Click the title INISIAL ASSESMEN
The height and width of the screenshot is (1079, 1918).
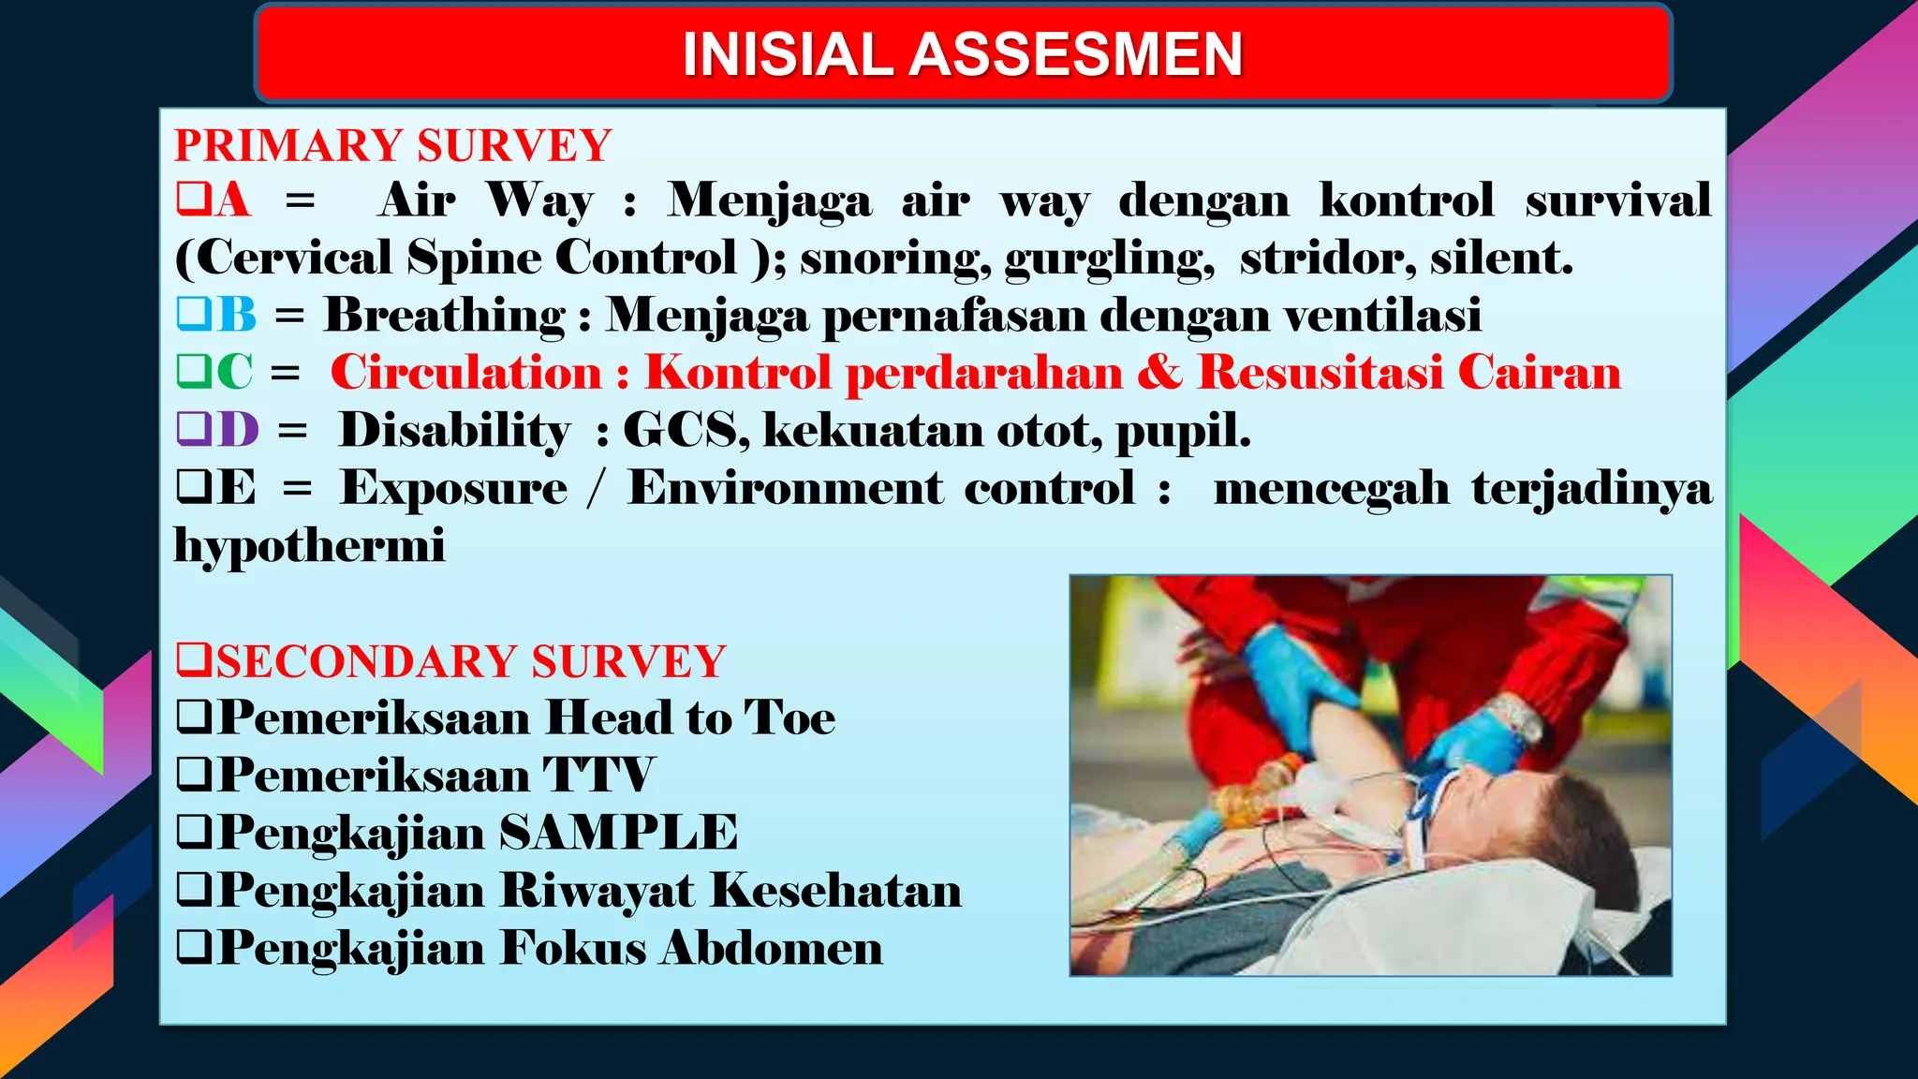pos(962,54)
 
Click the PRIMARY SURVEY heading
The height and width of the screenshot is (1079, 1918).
pos(393,146)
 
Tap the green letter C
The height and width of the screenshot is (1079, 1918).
pos(234,372)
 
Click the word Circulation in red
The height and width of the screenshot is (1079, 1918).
pos(465,372)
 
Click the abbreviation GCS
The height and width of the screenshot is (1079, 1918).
pos(685,430)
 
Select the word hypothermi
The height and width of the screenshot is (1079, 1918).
pos(309,546)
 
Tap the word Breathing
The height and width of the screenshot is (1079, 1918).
pos(445,315)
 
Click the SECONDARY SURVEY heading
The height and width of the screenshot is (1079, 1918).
pos(470,661)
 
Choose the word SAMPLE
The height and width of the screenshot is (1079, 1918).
pos(618,833)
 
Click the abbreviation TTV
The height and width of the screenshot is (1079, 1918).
pos(598,776)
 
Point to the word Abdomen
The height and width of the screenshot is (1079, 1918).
pos(771,948)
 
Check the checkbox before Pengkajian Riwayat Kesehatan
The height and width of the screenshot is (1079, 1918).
pos(195,890)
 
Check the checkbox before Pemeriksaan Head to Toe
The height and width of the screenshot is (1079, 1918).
pos(195,718)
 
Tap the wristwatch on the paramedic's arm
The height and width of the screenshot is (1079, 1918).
pos(1516,719)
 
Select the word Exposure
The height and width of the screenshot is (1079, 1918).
pos(453,488)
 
